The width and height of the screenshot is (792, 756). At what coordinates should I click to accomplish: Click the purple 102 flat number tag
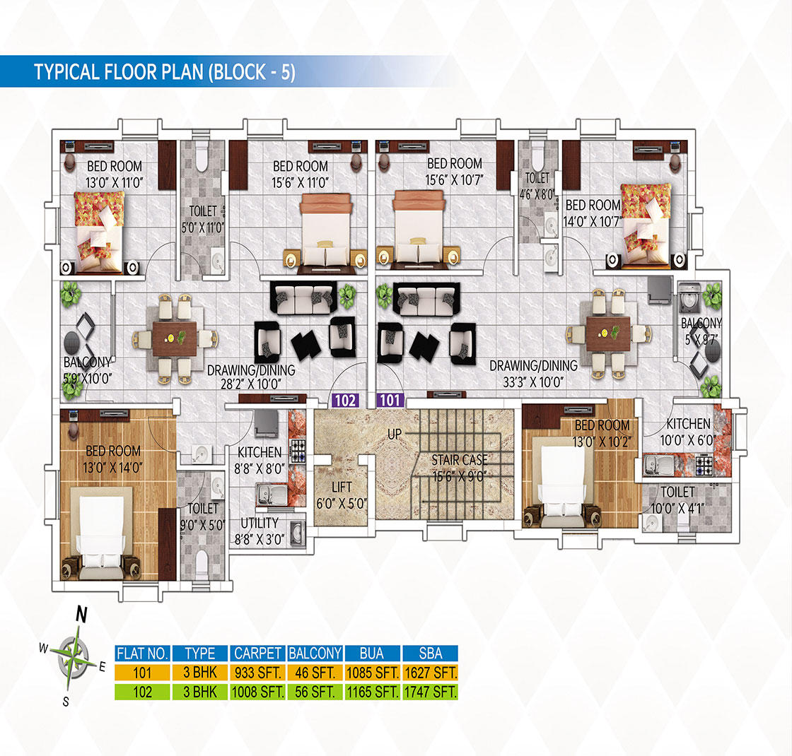(x=346, y=400)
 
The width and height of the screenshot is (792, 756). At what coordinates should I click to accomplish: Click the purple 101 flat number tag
(x=390, y=400)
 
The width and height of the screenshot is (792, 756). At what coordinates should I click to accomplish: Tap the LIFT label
(x=342, y=487)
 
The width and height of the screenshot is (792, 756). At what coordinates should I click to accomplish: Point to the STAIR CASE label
(x=460, y=460)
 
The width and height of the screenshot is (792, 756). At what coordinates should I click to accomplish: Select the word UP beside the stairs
(x=395, y=434)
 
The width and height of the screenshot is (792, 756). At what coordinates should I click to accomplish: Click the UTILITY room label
(x=259, y=523)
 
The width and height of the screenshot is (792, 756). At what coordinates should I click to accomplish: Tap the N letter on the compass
(x=81, y=615)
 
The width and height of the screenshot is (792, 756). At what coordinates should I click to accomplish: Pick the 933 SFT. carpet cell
(x=257, y=673)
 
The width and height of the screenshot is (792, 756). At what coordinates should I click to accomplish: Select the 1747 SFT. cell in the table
(x=431, y=692)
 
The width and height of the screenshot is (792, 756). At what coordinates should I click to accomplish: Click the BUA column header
(x=372, y=654)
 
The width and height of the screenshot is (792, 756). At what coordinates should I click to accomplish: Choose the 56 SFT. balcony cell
(x=315, y=692)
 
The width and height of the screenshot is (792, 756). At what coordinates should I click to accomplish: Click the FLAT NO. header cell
(x=142, y=654)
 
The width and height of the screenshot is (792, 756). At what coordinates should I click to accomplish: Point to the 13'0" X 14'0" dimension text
(x=113, y=468)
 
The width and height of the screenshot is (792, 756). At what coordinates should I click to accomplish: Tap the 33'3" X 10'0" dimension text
(x=533, y=382)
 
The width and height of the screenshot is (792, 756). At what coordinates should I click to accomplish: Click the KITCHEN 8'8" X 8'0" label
(x=260, y=460)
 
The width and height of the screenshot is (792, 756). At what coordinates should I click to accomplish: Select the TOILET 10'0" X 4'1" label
(x=677, y=500)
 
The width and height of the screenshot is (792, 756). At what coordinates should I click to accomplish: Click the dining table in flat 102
(x=175, y=338)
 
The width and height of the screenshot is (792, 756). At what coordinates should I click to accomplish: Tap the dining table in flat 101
(x=608, y=333)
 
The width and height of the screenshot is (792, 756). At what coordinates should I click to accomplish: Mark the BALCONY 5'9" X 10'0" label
(x=88, y=370)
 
